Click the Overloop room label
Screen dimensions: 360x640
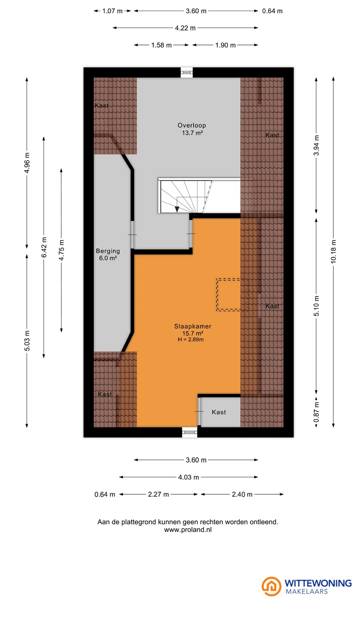coord(192,125)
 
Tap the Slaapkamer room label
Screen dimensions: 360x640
coord(193,326)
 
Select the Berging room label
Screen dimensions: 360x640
coord(108,251)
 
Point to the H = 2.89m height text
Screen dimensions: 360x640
coord(191,340)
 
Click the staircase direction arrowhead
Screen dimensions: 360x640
coord(177,209)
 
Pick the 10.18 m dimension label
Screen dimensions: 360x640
coord(333,252)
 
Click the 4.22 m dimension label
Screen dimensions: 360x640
coord(185,28)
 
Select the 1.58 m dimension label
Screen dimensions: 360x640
coord(161,45)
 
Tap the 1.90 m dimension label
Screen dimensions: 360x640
coord(225,45)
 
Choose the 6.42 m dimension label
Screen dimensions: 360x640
coord(44,247)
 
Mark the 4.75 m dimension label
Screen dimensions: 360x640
coord(61,250)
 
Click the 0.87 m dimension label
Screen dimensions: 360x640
coord(316,412)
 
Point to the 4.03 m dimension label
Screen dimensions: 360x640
coord(188,477)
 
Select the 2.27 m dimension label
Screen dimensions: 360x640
coord(158,494)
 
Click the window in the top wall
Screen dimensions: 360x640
coord(187,72)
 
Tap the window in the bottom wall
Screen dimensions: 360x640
coord(190,432)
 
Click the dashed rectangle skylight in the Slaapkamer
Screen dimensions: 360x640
coord(228,295)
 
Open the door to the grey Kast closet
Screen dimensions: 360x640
coord(199,412)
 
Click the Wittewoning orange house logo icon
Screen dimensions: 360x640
coord(272,586)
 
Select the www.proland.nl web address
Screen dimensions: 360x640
coord(188,529)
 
